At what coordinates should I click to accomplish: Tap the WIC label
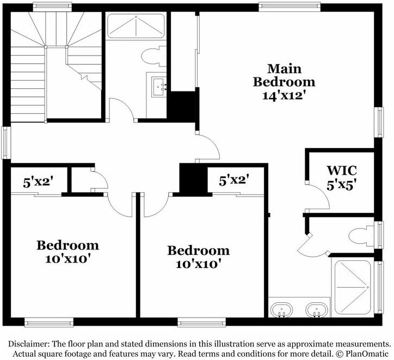341,169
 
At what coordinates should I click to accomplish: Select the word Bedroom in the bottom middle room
198,251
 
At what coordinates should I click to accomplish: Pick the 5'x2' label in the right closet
233,180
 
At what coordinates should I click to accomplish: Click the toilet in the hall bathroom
152,56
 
